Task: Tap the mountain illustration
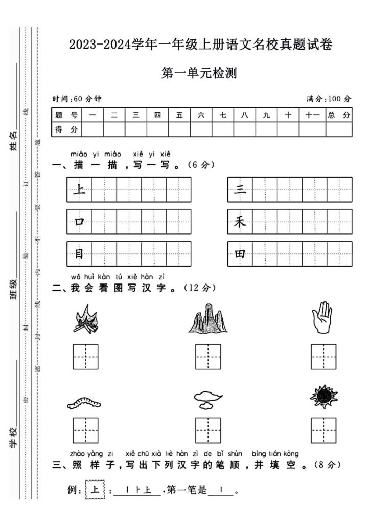[207, 318]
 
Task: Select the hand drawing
[323, 318]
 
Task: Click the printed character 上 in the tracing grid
[79, 190]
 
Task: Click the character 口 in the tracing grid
[79, 222]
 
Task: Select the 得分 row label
[66, 130]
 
